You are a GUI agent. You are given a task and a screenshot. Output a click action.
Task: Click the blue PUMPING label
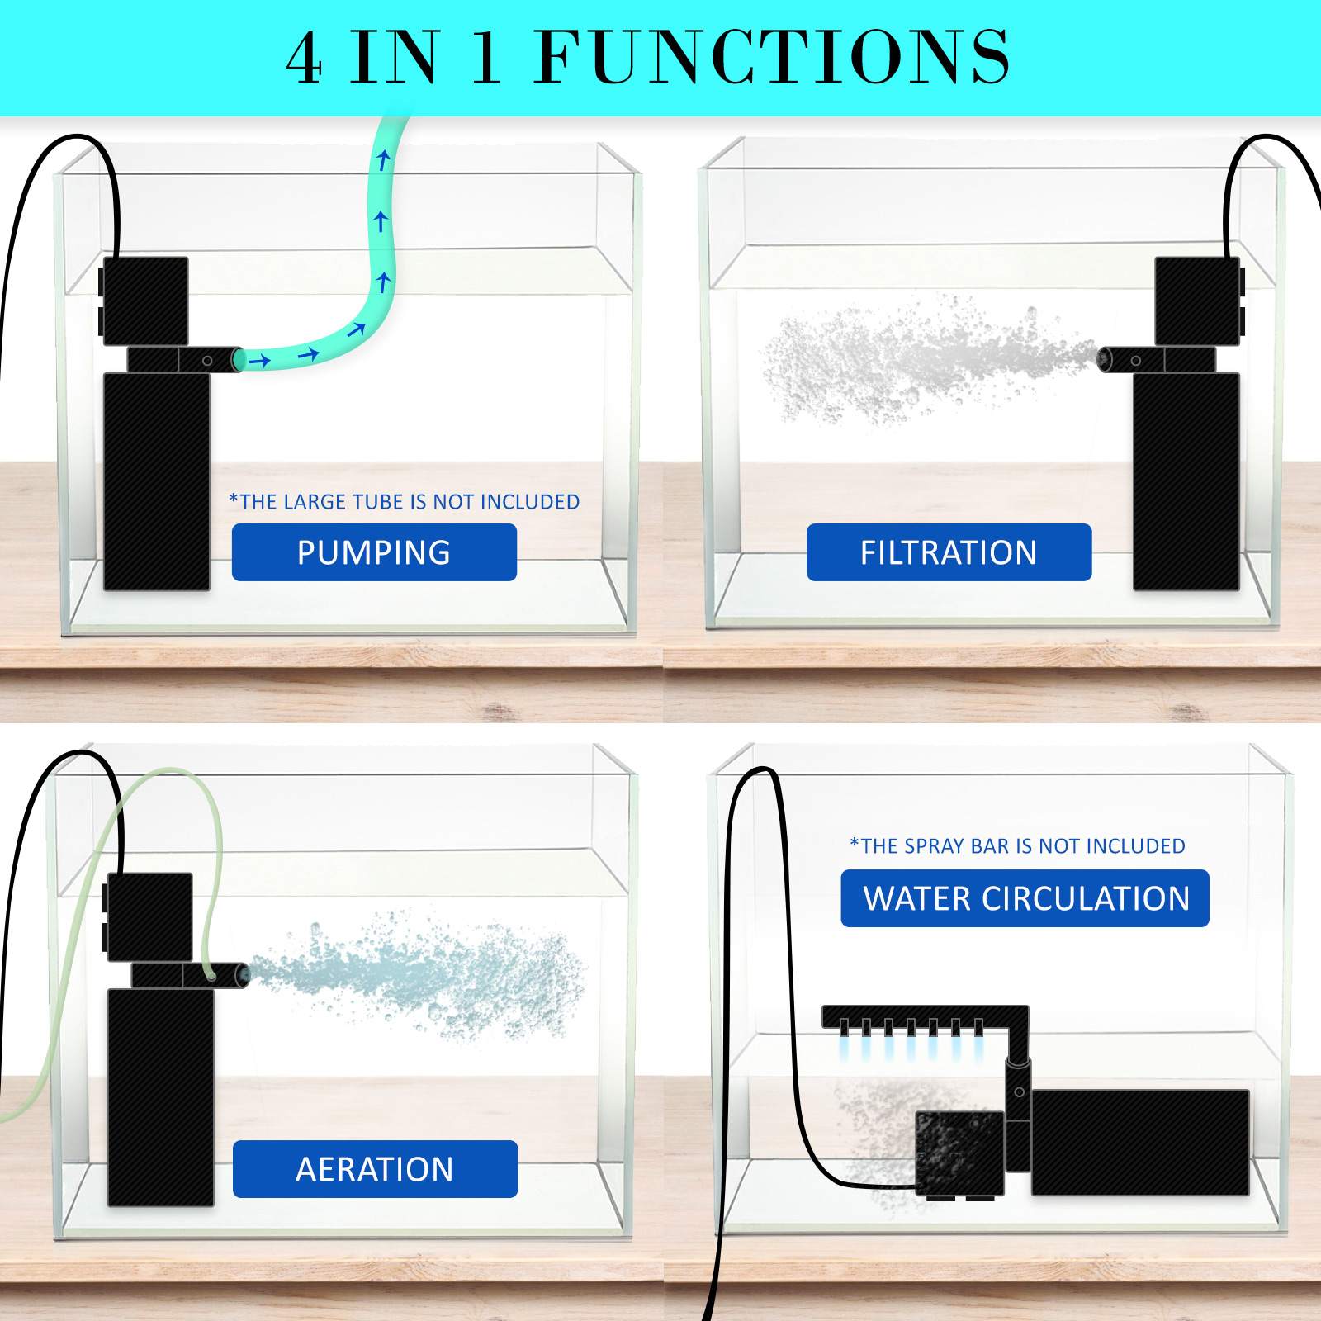(x=374, y=552)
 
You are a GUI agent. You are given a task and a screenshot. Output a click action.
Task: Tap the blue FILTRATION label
(x=949, y=552)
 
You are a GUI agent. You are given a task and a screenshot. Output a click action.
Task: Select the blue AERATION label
(x=375, y=1169)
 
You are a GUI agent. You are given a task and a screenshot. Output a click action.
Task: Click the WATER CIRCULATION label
(x=1025, y=898)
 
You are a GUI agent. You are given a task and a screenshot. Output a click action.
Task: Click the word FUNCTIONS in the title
(x=772, y=56)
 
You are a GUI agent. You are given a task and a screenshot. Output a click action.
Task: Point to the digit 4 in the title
(x=304, y=57)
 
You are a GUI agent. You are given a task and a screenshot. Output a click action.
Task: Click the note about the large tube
(x=405, y=501)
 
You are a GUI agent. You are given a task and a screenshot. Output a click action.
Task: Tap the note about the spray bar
(x=1017, y=845)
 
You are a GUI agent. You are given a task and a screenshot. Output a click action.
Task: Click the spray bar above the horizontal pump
(x=925, y=1016)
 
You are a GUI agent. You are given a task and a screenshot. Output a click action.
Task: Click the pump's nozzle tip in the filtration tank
(x=1105, y=359)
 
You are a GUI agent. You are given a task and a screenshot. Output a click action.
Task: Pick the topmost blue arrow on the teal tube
(x=383, y=159)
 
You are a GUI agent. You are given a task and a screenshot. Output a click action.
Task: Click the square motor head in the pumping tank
(x=144, y=301)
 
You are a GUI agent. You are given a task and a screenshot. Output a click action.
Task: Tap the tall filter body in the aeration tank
(x=161, y=1097)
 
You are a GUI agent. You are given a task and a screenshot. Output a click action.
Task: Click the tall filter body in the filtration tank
(x=1186, y=481)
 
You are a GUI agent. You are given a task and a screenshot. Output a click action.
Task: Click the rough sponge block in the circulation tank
(x=959, y=1153)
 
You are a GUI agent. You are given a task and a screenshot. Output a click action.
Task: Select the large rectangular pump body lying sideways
(x=1140, y=1142)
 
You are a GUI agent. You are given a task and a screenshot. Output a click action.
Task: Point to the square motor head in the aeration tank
(x=149, y=916)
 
